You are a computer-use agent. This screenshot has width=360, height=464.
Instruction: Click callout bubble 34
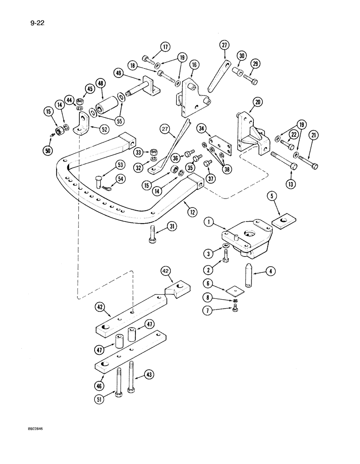(x=201, y=128)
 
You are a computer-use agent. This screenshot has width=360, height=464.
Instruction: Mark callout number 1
(x=209, y=223)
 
